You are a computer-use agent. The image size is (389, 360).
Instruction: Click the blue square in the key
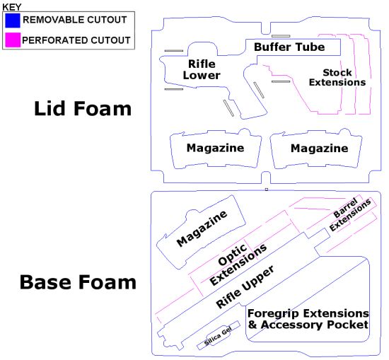click(x=13, y=21)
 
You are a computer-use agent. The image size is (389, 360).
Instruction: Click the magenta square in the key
click(x=13, y=40)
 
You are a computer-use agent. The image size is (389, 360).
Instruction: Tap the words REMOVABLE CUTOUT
click(x=75, y=20)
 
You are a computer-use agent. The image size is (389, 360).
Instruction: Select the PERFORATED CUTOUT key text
click(x=76, y=40)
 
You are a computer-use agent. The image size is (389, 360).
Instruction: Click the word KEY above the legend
click(x=12, y=7)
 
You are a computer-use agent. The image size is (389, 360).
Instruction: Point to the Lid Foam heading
click(x=83, y=109)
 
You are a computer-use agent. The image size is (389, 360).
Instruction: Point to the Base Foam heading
click(x=78, y=282)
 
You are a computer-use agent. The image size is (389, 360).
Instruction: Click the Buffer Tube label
click(x=289, y=47)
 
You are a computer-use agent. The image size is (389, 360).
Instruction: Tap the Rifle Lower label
click(x=202, y=70)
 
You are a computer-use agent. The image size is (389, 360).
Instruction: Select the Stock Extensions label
click(x=337, y=77)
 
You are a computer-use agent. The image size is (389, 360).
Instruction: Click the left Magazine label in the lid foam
click(x=215, y=149)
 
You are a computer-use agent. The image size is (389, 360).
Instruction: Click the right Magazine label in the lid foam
click(x=319, y=149)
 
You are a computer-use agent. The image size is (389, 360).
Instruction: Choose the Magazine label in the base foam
click(x=202, y=228)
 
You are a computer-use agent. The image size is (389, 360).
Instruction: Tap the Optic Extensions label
click(x=238, y=264)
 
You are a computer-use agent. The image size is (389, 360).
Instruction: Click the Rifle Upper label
click(x=245, y=286)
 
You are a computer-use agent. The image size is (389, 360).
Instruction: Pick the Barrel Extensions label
click(x=350, y=214)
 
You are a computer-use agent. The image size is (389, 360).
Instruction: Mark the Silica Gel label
click(x=218, y=336)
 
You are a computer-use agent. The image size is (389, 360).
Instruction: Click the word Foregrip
click(x=273, y=314)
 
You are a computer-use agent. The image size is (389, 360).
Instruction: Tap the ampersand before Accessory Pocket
click(x=252, y=325)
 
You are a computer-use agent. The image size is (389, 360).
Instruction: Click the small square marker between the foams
click(x=267, y=190)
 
